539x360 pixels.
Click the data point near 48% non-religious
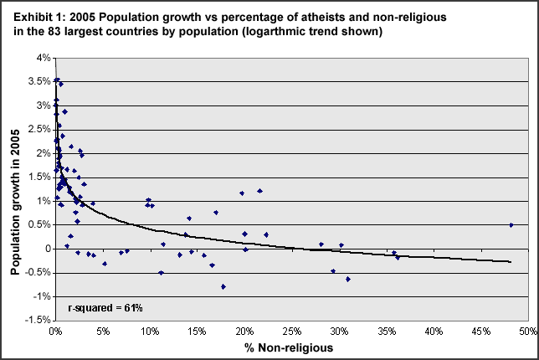point(511,224)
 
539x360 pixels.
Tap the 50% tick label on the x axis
point(527,332)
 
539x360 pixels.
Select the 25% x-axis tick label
point(291,332)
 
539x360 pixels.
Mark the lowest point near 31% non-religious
point(347,279)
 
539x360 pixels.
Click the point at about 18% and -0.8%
point(223,286)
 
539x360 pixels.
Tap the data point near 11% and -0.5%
point(161,273)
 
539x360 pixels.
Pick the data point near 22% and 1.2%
point(260,191)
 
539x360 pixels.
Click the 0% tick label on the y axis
point(42,249)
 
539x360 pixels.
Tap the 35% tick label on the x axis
point(386,332)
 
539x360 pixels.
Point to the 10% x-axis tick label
point(149,332)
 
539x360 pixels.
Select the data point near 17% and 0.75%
point(216,213)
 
